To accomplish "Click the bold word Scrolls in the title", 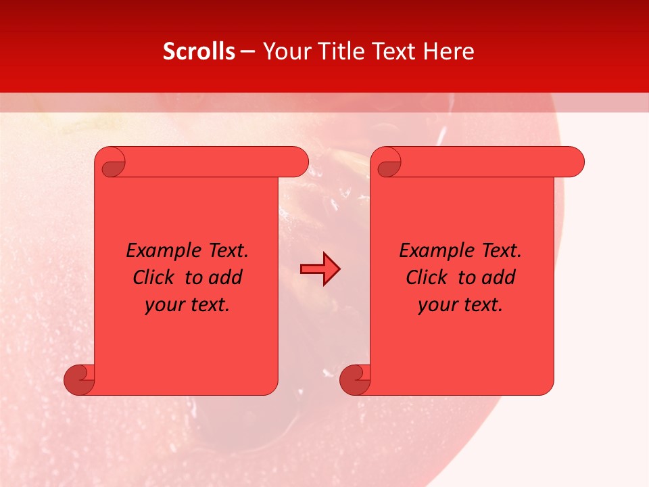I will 199,51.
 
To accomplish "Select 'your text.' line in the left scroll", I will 187,305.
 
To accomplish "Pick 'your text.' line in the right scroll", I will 460,305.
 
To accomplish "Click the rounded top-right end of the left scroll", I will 297,162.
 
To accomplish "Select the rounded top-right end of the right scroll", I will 573,162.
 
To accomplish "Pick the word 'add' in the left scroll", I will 225,277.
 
